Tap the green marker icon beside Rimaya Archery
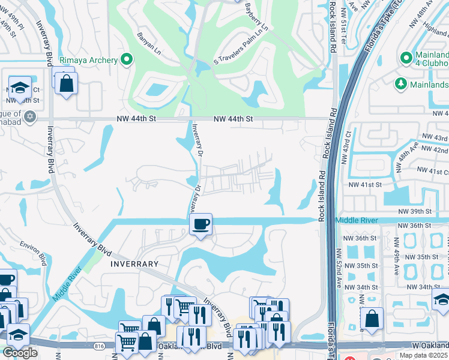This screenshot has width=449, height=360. click(126, 59)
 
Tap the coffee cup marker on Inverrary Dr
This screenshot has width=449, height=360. click(200, 224)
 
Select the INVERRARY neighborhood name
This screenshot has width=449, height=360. click(134, 263)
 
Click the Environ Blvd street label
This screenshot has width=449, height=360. click(33, 253)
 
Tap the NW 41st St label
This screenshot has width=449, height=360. click(366, 185)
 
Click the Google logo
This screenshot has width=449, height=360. click(20, 353)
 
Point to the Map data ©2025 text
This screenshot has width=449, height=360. click(424, 355)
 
